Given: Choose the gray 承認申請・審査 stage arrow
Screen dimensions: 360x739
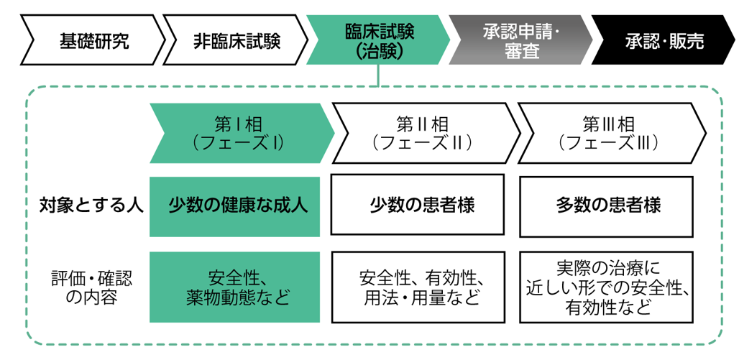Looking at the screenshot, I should [x=519, y=40].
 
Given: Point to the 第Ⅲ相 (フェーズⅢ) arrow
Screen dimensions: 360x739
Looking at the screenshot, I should [x=608, y=133].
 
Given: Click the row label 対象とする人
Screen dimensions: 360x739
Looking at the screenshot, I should [x=91, y=206].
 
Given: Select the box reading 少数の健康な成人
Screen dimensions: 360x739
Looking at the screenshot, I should [x=234, y=206].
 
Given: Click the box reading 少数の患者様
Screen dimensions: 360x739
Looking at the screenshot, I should [x=417, y=206].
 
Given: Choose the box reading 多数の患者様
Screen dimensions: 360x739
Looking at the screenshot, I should [x=605, y=206].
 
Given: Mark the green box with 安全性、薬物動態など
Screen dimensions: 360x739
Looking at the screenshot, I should [x=234, y=287].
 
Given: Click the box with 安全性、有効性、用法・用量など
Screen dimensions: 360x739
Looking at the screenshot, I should [x=417, y=287].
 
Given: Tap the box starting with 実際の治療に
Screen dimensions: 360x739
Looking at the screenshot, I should [x=605, y=287].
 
